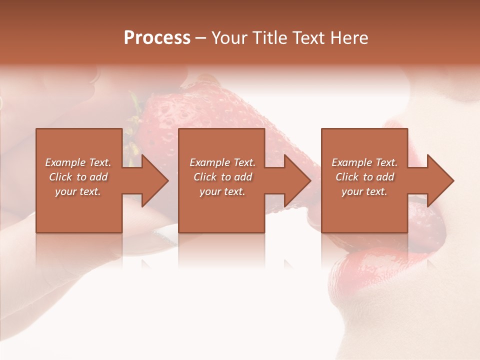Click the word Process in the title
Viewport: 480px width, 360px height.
157,37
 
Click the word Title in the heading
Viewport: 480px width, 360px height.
270,38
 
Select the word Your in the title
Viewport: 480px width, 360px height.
230,38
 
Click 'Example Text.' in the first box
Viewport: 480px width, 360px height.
78,162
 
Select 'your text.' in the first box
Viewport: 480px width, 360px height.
78,191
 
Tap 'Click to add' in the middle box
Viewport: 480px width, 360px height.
222,177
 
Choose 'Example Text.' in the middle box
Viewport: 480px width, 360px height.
222,162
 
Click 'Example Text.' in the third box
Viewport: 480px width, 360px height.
364,162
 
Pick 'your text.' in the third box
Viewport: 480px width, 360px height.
364,191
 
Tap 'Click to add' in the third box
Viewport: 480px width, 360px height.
364,177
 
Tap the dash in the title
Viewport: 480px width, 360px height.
201,38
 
